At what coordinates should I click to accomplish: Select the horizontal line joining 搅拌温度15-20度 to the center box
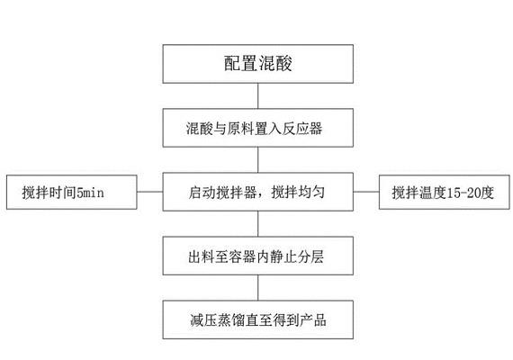pyautogui.click(x=364, y=192)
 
